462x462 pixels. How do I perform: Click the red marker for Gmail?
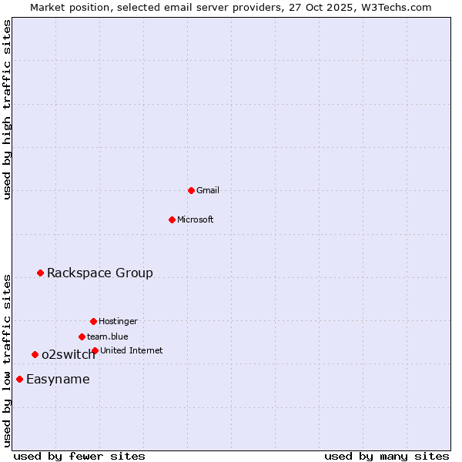[191, 190]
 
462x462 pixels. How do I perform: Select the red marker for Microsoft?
[172, 219]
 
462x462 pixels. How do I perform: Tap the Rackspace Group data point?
[40, 273]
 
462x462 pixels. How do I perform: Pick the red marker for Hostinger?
[93, 321]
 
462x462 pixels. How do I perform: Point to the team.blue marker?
[82, 336]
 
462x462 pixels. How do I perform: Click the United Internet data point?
[95, 350]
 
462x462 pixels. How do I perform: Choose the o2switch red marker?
[35, 354]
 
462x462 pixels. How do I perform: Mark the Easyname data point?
[19, 379]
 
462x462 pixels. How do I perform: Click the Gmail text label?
[208, 190]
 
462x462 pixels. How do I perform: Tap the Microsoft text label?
[196, 219]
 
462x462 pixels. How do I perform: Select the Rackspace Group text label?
[100, 273]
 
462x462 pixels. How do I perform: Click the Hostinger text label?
[118, 321]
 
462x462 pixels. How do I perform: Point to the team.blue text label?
[108, 336]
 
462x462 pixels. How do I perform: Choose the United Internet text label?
[132, 350]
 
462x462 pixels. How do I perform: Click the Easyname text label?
[58, 379]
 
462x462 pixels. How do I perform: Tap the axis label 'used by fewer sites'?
[79, 456]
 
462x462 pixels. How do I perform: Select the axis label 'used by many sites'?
[387, 456]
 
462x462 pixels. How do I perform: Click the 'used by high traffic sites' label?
[8, 109]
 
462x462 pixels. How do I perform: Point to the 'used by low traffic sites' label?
[8, 360]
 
